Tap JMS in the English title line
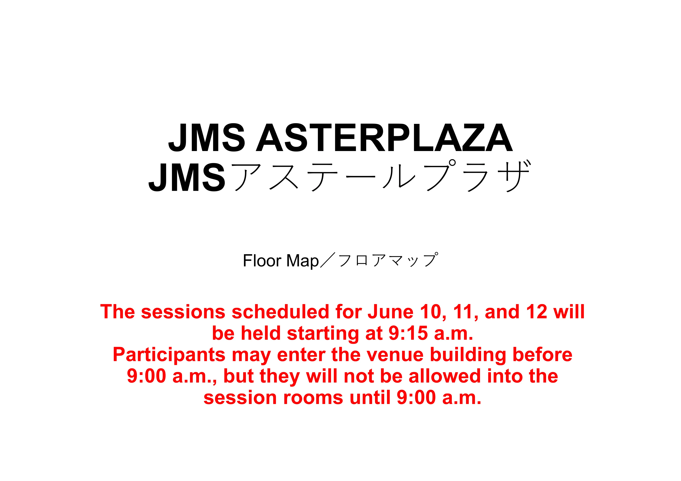click(x=207, y=138)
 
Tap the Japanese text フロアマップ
click(x=388, y=260)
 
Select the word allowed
click(x=444, y=376)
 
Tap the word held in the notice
click(x=260, y=333)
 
